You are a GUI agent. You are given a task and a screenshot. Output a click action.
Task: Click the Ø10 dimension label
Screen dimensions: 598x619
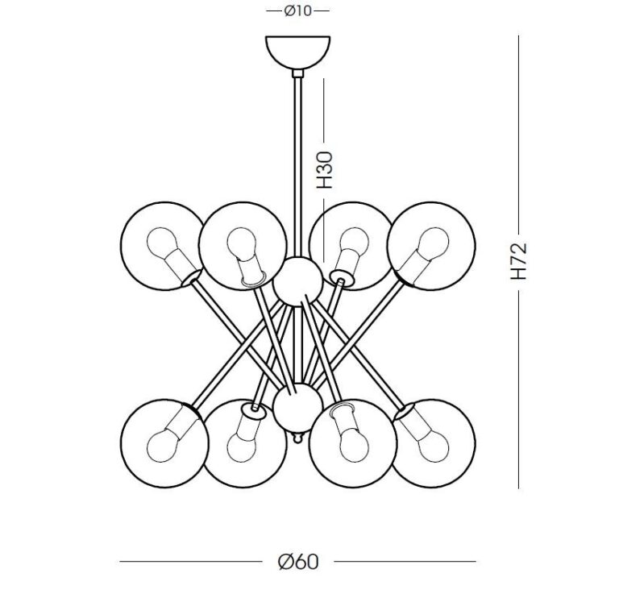click(x=297, y=11)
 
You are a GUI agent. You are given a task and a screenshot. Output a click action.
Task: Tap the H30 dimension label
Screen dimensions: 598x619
click(x=324, y=170)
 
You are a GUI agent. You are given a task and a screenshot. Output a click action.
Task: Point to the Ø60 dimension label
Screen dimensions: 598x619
click(x=297, y=561)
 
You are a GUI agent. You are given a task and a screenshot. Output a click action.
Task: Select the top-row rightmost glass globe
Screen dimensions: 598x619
click(x=431, y=244)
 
